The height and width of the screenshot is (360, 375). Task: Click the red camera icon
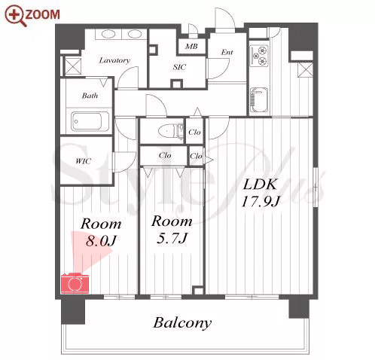coord(75,282)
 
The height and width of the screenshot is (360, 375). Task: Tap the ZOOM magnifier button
coord(32,15)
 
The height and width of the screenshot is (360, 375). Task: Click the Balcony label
coord(182,323)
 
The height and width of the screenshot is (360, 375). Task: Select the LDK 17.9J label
coord(261,193)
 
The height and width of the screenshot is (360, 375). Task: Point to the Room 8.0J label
coord(101,232)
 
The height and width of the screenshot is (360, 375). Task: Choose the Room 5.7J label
coord(172,230)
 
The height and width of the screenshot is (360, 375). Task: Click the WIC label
coord(83,161)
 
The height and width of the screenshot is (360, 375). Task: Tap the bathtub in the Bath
coord(90,121)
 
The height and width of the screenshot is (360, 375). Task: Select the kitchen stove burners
coord(260,56)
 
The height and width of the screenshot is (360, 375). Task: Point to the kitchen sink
coord(259,100)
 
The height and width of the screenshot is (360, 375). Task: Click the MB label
coord(191,46)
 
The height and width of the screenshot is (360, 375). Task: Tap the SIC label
coord(179,67)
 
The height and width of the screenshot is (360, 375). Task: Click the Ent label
coord(227,52)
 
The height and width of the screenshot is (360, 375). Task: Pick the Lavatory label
coord(114,60)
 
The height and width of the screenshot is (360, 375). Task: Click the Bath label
coord(90,96)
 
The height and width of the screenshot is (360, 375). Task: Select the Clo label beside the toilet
coord(194,132)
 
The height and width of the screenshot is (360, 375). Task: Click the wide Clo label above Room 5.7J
coord(165,156)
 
